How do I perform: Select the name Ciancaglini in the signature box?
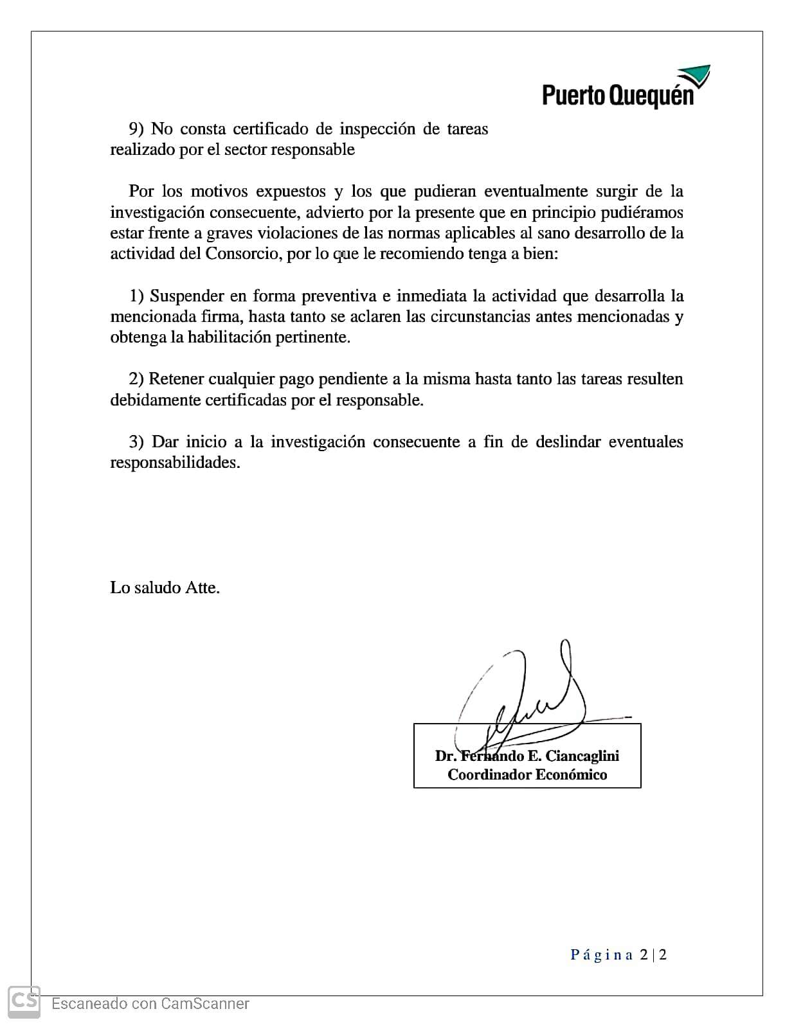pos(582,756)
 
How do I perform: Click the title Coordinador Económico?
pos(527,774)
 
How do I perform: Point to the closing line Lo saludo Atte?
pos(165,587)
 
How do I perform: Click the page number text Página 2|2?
pos(618,954)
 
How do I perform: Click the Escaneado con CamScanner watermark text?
pos(150,1003)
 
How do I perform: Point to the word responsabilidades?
pos(175,463)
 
